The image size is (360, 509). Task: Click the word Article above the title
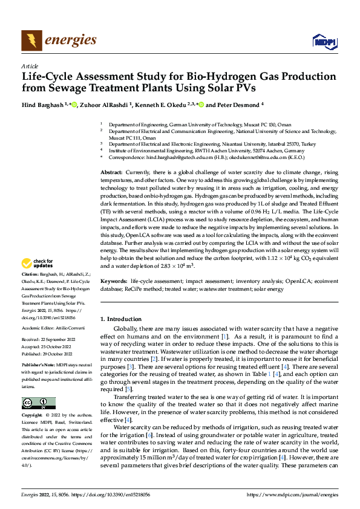click(x=30, y=66)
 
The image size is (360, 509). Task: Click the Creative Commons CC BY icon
click(x=38, y=403)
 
